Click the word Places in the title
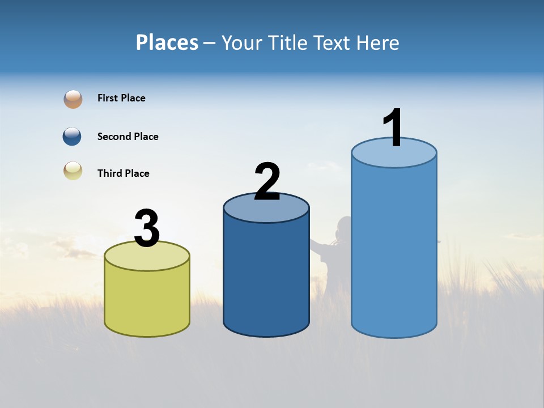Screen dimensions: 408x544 pyautogui.click(x=167, y=42)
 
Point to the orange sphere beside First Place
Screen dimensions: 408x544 pyautogui.click(x=73, y=99)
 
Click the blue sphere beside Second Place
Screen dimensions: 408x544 pyautogui.click(x=73, y=137)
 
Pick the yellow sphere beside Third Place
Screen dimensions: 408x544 pyautogui.click(x=73, y=171)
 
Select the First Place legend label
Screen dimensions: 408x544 pyautogui.click(x=121, y=98)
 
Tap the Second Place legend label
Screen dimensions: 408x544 pyautogui.click(x=127, y=137)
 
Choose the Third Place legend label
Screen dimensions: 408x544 pyautogui.click(x=123, y=173)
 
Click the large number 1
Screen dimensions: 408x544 pyautogui.click(x=393, y=128)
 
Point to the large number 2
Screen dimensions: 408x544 pyautogui.click(x=267, y=181)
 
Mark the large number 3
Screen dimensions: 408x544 pyautogui.click(x=147, y=228)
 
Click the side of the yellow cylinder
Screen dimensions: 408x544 pyautogui.click(x=147, y=300)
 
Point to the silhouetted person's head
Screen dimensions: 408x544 pyautogui.click(x=344, y=227)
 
